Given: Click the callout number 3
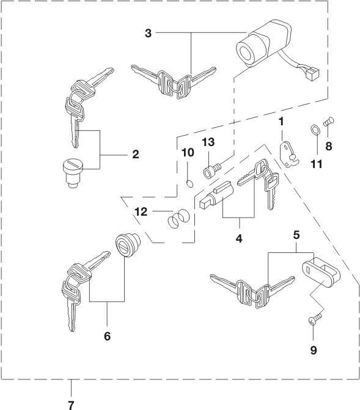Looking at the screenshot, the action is click(149, 33).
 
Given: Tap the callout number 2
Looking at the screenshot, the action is click(136, 154).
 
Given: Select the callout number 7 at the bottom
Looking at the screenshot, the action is click(71, 405).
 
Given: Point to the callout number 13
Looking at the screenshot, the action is click(208, 142).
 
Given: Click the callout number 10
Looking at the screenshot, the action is click(188, 152).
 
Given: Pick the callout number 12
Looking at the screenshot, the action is click(141, 212).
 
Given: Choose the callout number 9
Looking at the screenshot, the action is click(314, 350).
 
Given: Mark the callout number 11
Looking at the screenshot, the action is click(317, 164).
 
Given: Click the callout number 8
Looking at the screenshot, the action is click(329, 147).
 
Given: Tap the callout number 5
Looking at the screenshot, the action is click(296, 235).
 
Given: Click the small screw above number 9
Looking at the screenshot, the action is click(315, 319).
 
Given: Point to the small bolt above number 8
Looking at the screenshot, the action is click(329, 122).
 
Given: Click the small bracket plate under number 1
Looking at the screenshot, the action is click(289, 155).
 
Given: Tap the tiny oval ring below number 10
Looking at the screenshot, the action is click(191, 184).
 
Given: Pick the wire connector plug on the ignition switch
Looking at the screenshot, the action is click(313, 74).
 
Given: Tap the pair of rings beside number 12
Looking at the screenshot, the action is click(178, 219).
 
